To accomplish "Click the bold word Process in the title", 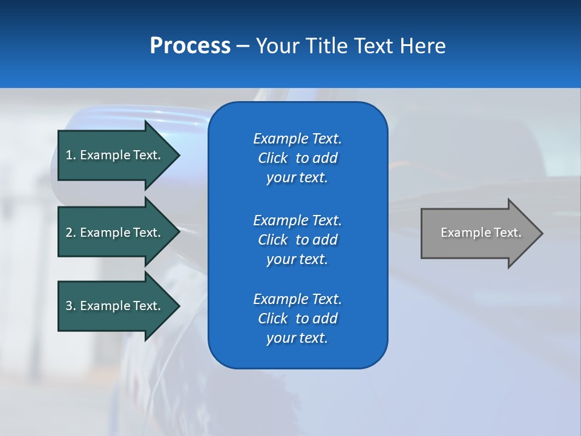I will (x=190, y=46).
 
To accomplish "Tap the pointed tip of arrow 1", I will (x=178, y=155).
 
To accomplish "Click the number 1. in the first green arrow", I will (x=70, y=155).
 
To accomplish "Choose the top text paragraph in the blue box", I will (x=297, y=158).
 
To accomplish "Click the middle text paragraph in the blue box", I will (x=297, y=240).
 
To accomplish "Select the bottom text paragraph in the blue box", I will (x=297, y=319).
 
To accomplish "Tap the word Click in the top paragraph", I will (x=272, y=158).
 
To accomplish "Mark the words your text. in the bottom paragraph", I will (x=297, y=338).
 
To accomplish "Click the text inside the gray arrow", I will (x=481, y=233).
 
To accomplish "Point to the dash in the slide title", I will (x=243, y=46).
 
